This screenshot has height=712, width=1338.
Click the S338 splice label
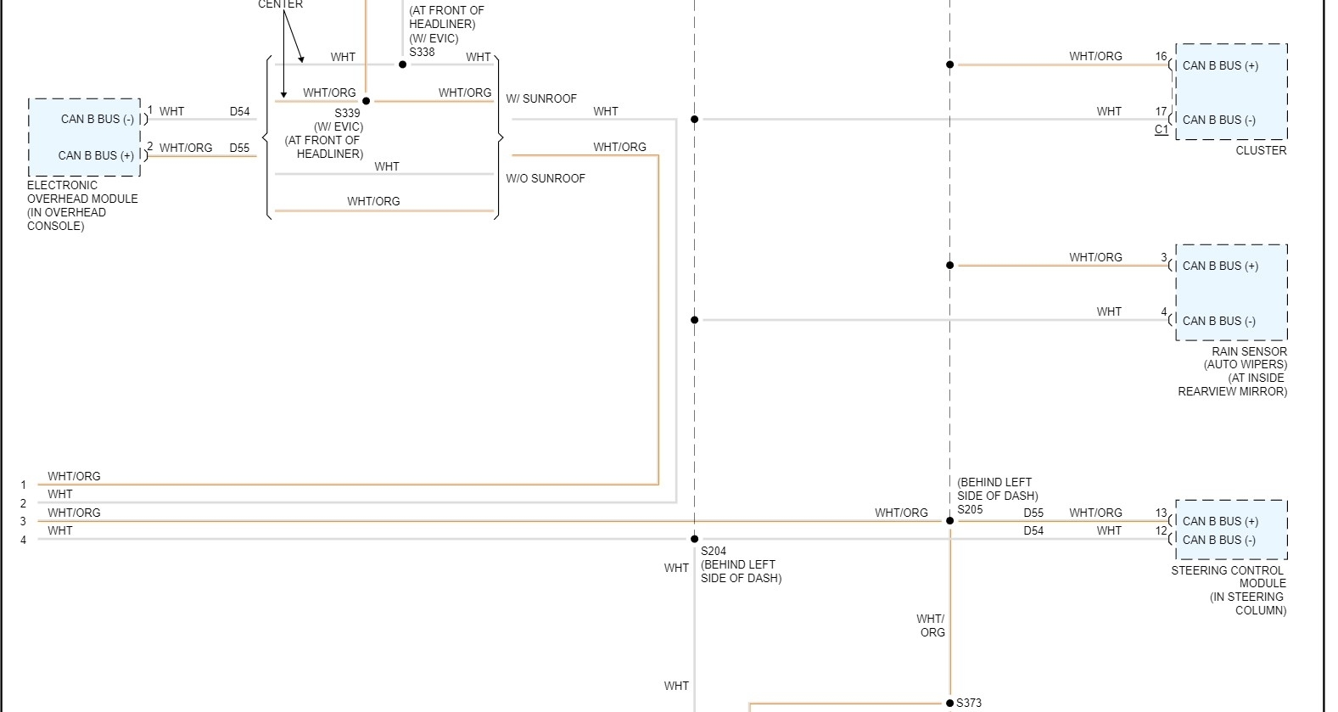pyautogui.click(x=422, y=52)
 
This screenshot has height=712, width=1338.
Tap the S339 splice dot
pyautogui.click(x=366, y=101)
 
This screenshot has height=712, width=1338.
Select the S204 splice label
pyautogui.click(x=714, y=551)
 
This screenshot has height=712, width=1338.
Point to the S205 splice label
pyautogui.click(x=970, y=509)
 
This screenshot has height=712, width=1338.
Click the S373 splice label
pyautogui.click(x=969, y=703)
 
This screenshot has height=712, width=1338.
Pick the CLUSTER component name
pyautogui.click(x=1260, y=150)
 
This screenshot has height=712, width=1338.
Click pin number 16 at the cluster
pyautogui.click(x=1161, y=57)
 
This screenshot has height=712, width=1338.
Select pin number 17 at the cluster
pyautogui.click(x=1161, y=111)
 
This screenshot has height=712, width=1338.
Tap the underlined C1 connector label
pyautogui.click(x=1161, y=130)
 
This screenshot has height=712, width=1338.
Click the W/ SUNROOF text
pyautogui.click(x=541, y=98)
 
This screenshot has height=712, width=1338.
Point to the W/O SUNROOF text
pyautogui.click(x=546, y=178)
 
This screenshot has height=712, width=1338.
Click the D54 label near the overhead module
pyautogui.click(x=240, y=111)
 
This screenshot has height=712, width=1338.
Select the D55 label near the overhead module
pyautogui.click(x=240, y=148)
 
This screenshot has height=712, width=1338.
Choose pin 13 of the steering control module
pyautogui.click(x=1161, y=513)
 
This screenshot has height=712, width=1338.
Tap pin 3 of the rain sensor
pyautogui.click(x=1164, y=258)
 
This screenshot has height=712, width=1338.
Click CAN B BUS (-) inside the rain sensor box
pyautogui.click(x=1219, y=321)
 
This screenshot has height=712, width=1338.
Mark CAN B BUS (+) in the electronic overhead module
pyautogui.click(x=96, y=155)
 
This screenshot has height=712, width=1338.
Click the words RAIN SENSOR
pyautogui.click(x=1249, y=351)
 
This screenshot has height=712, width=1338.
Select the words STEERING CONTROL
pyautogui.click(x=1227, y=570)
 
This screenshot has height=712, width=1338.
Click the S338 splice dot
pyautogui.click(x=403, y=64)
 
